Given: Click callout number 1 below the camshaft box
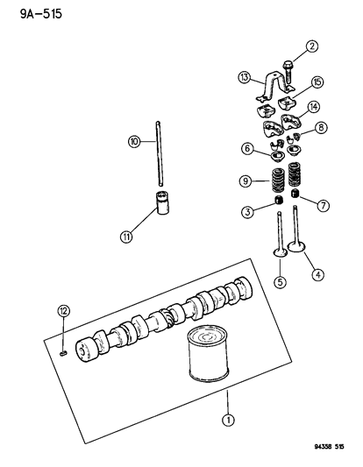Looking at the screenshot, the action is [x=228, y=420].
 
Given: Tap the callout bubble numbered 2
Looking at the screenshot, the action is [x=312, y=46].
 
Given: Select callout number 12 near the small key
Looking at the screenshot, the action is [x=63, y=311].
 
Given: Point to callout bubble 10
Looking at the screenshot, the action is [x=135, y=141].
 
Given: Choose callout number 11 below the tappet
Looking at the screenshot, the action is [x=126, y=237].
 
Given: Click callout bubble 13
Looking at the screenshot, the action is [x=244, y=77].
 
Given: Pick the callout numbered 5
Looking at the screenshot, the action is [x=281, y=282].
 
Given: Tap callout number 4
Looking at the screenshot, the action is [x=317, y=274].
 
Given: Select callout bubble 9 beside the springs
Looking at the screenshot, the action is [x=246, y=181].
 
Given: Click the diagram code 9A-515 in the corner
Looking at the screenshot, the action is [x=41, y=14].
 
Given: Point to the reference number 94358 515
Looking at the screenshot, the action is [x=329, y=447].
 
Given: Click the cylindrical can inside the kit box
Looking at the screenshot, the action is [x=209, y=354].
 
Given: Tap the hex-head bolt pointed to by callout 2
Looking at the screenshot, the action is [x=288, y=74].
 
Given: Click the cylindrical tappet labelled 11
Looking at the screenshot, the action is [x=163, y=202].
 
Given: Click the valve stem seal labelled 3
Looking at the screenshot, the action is [x=278, y=200].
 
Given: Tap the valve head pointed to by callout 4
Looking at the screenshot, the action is [x=296, y=247].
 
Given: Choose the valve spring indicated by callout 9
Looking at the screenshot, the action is [x=277, y=180].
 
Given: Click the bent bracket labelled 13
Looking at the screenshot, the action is [x=274, y=86].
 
